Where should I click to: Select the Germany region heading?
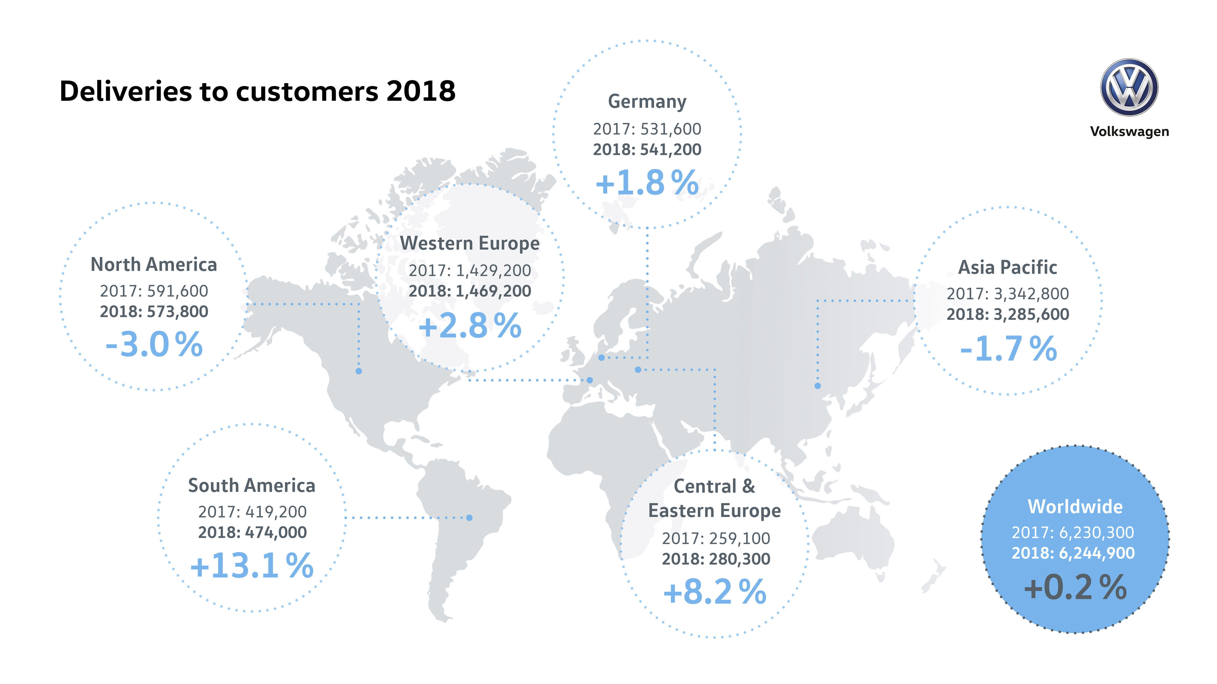pos(647,102)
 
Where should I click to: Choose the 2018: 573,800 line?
pos(154,311)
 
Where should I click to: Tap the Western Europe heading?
pos(470,243)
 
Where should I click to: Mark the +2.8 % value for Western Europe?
pos(470,325)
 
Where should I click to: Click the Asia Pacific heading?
pos(1007,267)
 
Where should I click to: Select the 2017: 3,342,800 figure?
pos(1007,294)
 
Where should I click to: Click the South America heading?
pos(251,485)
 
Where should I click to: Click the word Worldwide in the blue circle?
pos(1075,506)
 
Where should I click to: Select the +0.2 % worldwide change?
pos(1075,587)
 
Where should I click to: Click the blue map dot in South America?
pos(469,518)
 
